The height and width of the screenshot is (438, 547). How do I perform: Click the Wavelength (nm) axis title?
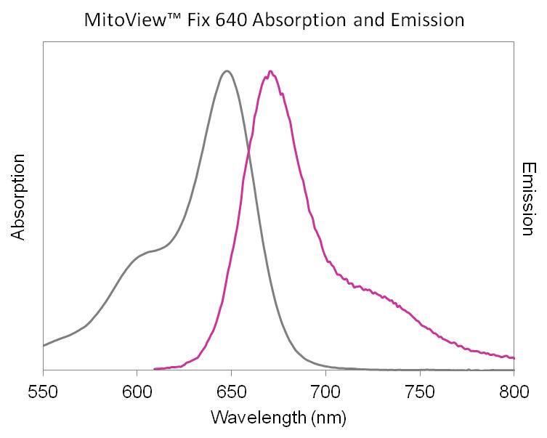(278, 417)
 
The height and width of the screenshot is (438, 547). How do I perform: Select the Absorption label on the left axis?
(19, 197)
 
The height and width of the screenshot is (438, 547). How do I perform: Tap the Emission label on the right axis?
(528, 198)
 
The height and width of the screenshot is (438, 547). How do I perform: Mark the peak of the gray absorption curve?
(227, 70)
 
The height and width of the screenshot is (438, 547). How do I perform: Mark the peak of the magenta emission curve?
(270, 71)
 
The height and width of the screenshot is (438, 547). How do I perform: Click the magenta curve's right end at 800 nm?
(513, 357)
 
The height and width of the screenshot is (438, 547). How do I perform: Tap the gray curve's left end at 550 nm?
(44, 345)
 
